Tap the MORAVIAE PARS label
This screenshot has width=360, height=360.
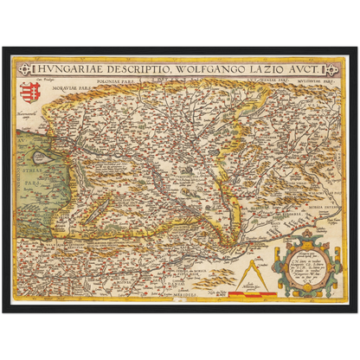(88, 87)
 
